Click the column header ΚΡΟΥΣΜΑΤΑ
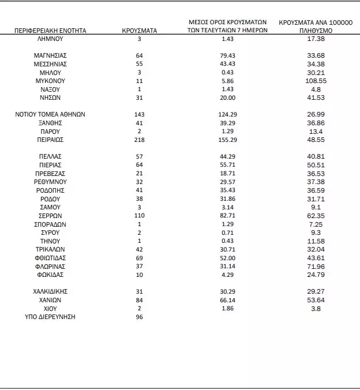pyautogui.click(x=138, y=30)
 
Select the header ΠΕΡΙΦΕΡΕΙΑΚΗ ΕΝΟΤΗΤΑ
pyautogui.click(x=50, y=30)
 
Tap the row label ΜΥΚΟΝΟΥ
pyautogui.click(x=50, y=81)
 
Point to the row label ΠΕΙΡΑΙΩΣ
pyautogui.click(x=50, y=140)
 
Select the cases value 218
pyautogui.click(x=138, y=140)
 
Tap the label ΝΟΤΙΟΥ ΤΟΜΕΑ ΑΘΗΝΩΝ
pyautogui.click(x=50, y=114)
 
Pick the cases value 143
pyautogui.click(x=138, y=114)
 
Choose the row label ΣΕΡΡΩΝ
pyautogui.click(x=50, y=215)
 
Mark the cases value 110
pyautogui.click(x=138, y=215)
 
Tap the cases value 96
pyautogui.click(x=138, y=317)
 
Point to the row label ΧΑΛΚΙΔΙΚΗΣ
pyautogui.click(x=50, y=291)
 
